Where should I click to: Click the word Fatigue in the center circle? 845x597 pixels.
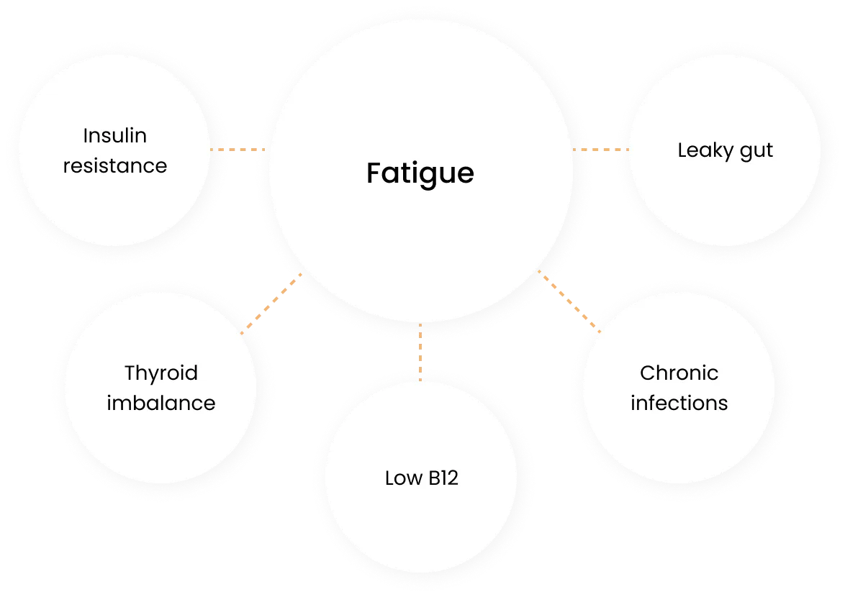point(420,174)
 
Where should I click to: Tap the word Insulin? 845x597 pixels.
point(115,135)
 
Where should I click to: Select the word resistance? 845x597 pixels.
point(115,165)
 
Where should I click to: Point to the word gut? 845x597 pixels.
point(758,152)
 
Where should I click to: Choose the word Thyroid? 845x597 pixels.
point(161,373)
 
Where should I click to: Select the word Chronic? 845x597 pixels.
point(679,373)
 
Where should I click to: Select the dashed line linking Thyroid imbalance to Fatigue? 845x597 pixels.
point(271,304)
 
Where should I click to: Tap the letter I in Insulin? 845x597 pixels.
point(86,135)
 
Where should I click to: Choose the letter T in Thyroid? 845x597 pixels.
point(130,373)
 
